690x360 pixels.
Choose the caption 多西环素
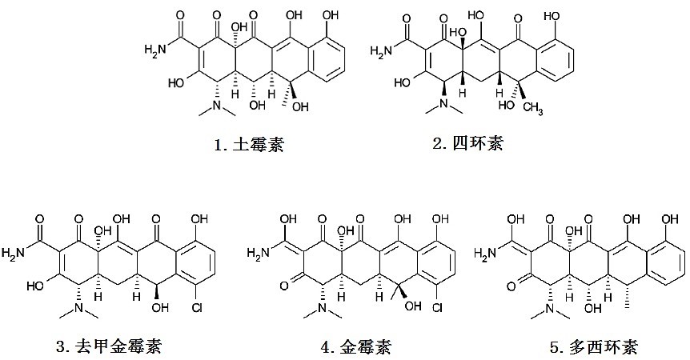click(x=592, y=346)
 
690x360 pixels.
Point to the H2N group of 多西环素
click(x=486, y=255)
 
